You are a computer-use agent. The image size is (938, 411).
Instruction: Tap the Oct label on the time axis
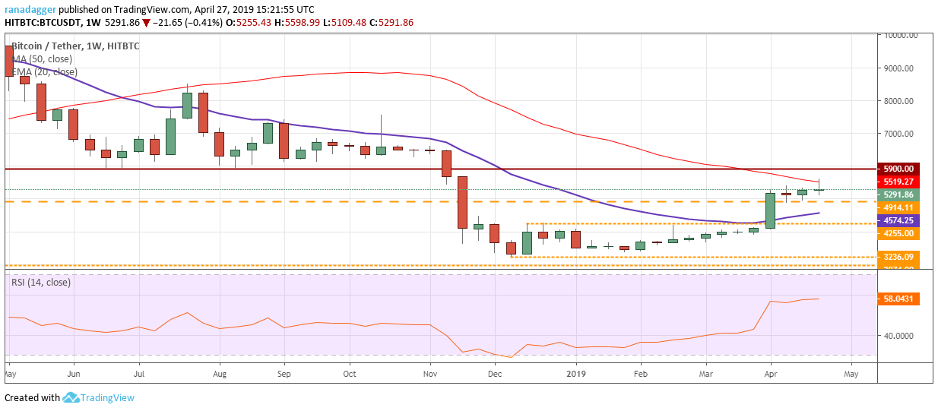tap(349, 374)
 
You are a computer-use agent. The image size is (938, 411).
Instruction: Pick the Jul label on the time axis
tap(138, 374)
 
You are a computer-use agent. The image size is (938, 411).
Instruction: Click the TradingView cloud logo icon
tap(71, 397)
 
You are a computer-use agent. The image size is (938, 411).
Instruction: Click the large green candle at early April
tap(770, 210)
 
